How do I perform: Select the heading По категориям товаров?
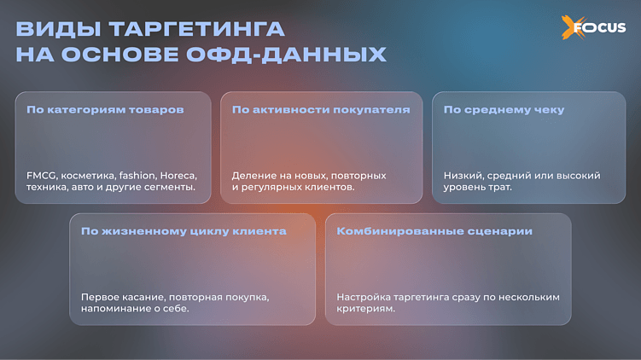(105, 110)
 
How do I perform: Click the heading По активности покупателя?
(321, 110)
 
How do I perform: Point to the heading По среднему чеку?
(504, 110)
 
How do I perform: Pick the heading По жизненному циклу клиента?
(184, 231)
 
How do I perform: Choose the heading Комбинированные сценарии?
(434, 231)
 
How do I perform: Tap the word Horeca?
(177, 176)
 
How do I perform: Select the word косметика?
(89, 176)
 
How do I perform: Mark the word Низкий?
(462, 176)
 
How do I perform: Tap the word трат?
(500, 187)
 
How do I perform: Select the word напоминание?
(114, 308)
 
